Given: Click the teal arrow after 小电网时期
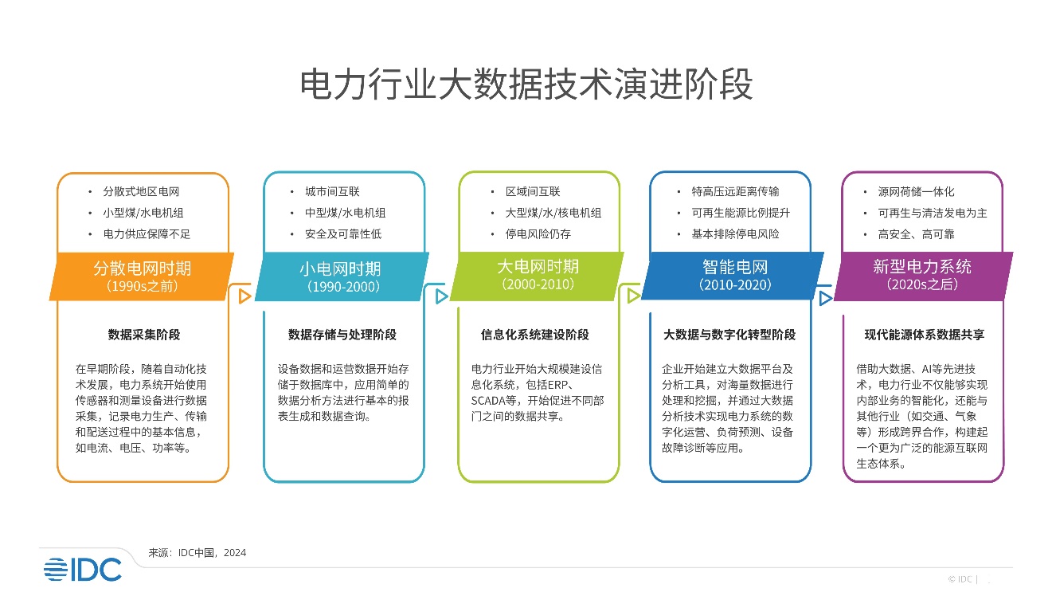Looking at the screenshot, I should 441,296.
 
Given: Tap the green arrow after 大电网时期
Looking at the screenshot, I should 634,296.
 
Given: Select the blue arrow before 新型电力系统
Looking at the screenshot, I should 826,298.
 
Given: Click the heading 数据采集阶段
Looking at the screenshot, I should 143,335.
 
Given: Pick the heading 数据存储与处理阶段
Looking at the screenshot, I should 342,335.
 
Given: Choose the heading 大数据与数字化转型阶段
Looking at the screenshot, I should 729,335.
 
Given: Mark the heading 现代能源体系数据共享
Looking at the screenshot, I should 924,335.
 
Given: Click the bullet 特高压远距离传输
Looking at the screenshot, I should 735,192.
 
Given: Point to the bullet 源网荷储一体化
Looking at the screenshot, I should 916,192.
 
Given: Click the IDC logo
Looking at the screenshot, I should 83,568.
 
